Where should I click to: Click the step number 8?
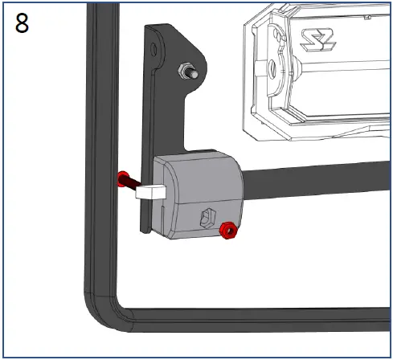pos(23,22)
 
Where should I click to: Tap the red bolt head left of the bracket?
pos(123,178)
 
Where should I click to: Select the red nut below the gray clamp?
pos(227,231)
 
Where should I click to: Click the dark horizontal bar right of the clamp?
pos(321,178)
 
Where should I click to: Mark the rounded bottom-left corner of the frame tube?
pos(100,309)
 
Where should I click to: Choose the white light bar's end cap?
pos(269,72)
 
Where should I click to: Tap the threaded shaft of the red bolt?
pos(137,182)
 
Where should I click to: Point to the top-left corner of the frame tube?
pos(94,10)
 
